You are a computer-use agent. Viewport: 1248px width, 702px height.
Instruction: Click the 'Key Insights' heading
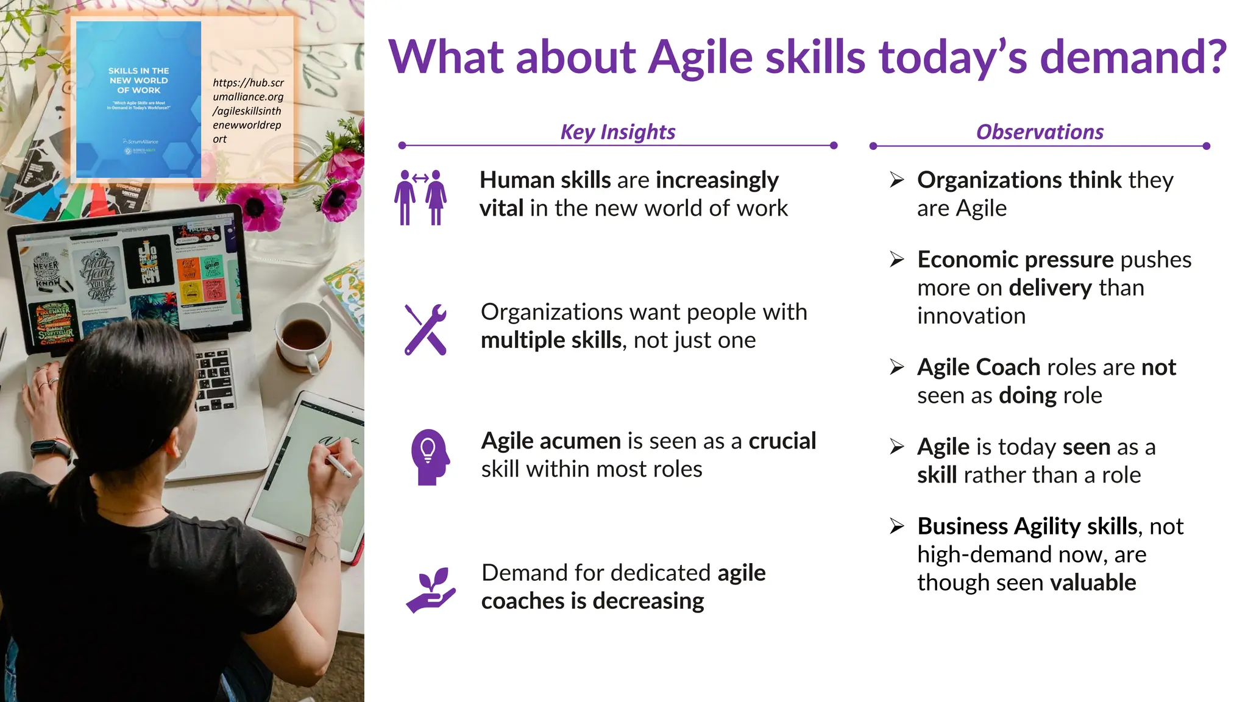[617, 132]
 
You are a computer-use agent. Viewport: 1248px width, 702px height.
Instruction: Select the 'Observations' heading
[1039, 132]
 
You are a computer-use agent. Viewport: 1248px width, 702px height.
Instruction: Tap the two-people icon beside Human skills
[420, 197]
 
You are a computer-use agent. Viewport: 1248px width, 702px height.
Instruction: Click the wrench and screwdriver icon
[425, 329]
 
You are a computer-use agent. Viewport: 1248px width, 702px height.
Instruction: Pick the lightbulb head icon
[430, 456]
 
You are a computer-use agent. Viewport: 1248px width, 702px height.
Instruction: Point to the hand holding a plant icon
[430, 590]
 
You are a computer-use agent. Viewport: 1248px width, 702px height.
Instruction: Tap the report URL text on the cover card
[247, 111]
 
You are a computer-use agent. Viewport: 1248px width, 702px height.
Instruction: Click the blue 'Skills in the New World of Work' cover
[138, 99]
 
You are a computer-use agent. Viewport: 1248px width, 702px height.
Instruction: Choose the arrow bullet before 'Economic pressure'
[896, 260]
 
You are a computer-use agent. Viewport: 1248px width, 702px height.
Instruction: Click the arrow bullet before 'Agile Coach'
[896, 367]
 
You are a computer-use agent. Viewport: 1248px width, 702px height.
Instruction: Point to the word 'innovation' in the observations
[971, 316]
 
